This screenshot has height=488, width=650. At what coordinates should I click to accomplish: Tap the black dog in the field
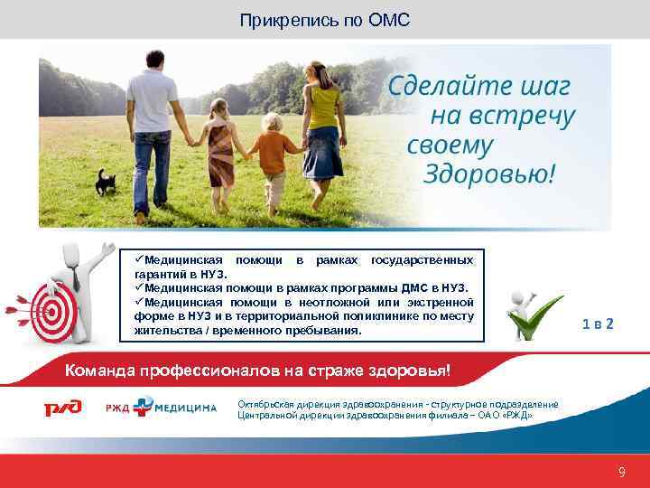coord(106,181)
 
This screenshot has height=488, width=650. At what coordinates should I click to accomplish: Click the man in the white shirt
coord(152,127)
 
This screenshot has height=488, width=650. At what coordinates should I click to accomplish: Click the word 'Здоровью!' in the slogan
coord(488,174)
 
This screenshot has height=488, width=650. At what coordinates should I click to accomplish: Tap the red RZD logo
coord(63,408)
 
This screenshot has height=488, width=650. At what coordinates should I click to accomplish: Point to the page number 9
coord(621,472)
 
